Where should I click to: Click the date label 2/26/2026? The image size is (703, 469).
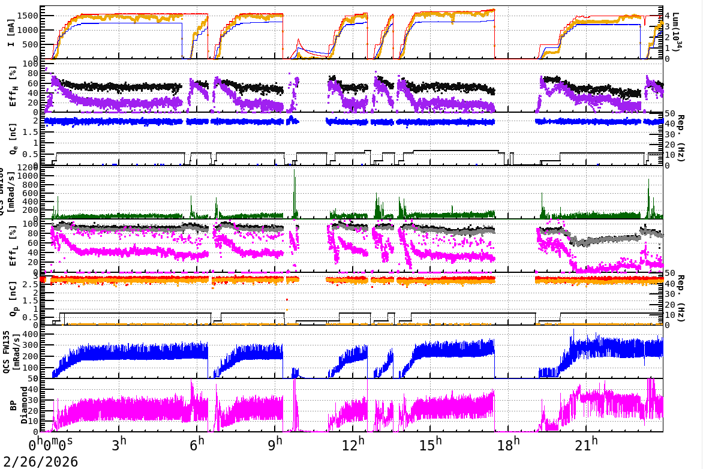tap(39, 461)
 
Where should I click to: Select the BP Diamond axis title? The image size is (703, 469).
tap(13, 405)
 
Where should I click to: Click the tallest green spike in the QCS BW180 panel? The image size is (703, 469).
tap(295, 172)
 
